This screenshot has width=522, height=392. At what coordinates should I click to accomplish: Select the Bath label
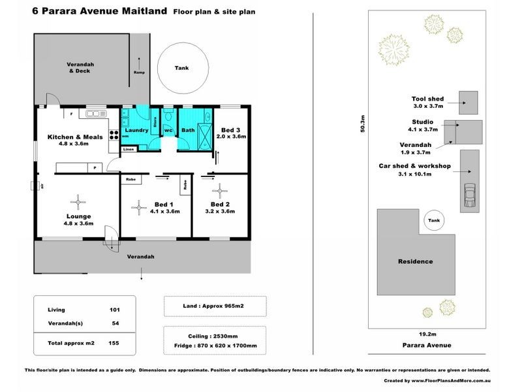188,131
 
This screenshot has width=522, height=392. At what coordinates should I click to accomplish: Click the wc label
168,131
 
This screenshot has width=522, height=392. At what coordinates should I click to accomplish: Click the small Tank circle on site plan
434,221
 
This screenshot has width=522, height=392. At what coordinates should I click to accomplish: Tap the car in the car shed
468,194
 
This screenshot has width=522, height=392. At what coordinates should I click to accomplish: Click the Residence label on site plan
416,261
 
